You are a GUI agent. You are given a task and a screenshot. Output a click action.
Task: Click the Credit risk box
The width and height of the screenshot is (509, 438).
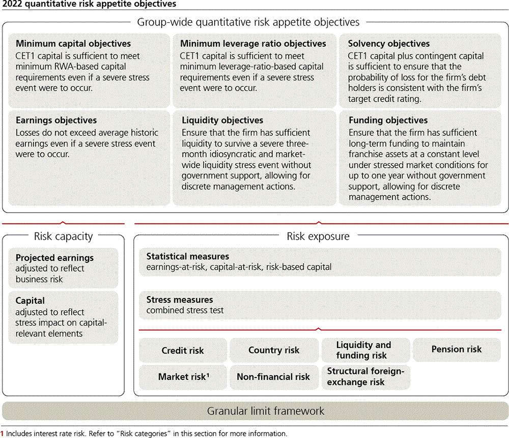pos(183,351)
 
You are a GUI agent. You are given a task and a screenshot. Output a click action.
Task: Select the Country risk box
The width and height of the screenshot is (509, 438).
pos(274,350)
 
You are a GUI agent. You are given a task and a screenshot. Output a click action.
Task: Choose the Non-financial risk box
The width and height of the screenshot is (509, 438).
pos(273,377)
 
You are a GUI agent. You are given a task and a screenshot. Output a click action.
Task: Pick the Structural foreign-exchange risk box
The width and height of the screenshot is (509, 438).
pos(365,377)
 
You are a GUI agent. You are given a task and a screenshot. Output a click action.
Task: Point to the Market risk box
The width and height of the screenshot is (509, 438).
pos(183,377)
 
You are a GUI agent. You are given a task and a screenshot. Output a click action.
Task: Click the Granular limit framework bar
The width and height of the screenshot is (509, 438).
pos(254,411)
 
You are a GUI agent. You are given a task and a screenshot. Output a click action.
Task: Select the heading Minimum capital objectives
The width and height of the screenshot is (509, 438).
pos(73,44)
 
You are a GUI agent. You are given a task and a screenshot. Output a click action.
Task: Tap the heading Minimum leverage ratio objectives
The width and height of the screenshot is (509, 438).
pos(253,44)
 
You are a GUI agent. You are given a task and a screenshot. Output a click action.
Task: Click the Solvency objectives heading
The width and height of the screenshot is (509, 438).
pos(389,44)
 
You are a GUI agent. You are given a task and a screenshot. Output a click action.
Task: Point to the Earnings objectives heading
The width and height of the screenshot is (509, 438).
pos(56,121)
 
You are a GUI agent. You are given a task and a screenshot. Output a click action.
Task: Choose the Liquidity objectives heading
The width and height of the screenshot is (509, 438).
pos(222,121)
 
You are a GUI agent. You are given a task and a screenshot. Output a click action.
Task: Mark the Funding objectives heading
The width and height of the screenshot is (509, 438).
pos(388,121)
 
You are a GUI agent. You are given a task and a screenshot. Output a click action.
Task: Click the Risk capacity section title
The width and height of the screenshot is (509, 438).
pos(63,236)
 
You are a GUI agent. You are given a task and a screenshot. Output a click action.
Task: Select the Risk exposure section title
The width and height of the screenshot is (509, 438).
pos(318,236)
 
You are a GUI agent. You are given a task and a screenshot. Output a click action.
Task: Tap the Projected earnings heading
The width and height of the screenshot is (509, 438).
pos(54,258)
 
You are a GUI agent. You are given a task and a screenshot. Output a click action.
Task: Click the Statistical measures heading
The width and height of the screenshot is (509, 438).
pos(188,256)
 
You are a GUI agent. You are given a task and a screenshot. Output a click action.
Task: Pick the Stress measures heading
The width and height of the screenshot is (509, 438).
pos(180,300)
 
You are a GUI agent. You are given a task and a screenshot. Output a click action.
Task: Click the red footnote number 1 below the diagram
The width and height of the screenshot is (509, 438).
pos(3,434)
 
